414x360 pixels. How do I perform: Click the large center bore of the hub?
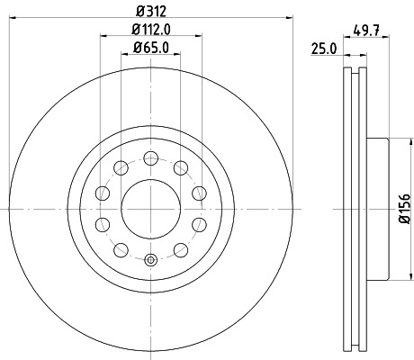(x=151, y=208)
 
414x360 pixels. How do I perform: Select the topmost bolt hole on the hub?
(x=151, y=157)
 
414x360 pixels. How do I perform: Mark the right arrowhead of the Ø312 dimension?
(x=290, y=18)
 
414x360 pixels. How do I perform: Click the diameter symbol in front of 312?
(x=133, y=12)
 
